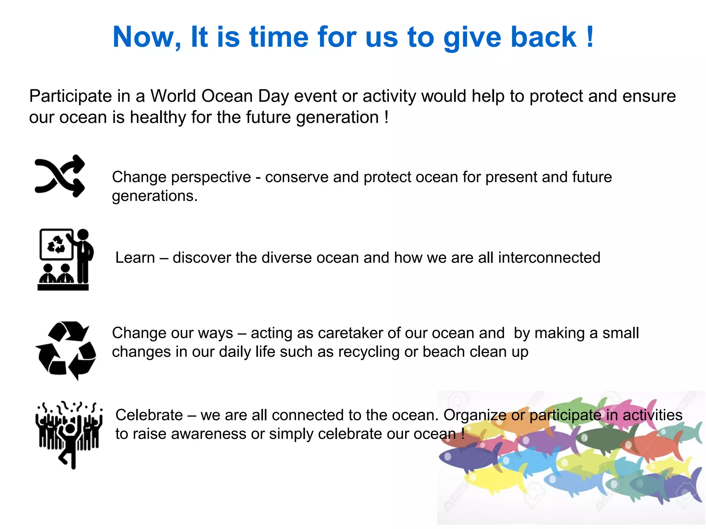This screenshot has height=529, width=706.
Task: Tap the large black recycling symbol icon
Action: pyautogui.click(x=66, y=350)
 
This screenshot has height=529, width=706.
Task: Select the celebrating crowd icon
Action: pyautogui.click(x=69, y=435)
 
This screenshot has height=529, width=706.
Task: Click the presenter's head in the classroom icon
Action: pyautogui.click(x=83, y=235)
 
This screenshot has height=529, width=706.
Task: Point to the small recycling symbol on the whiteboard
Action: pyautogui.click(x=56, y=244)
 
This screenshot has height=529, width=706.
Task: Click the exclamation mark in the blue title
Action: pyautogui.click(x=590, y=37)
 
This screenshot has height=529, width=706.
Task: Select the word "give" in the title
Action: pyautogui.click(x=473, y=38)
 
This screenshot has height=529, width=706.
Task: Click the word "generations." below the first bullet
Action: pyautogui.click(x=155, y=196)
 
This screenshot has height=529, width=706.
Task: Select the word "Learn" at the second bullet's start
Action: pyautogui.click(x=135, y=258)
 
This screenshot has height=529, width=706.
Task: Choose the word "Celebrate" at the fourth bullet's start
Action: pyautogui.click(x=149, y=415)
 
